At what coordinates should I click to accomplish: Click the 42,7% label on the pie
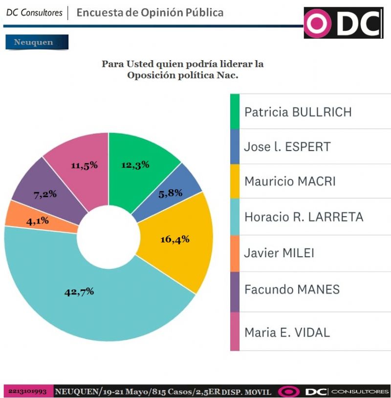[79, 292]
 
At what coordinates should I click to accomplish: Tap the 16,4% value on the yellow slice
[175, 240]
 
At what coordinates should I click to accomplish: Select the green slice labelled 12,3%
[135, 165]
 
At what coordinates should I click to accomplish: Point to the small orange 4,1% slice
[38, 221]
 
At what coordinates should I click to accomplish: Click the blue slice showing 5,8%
[171, 193]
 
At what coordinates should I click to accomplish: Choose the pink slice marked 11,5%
[84, 165]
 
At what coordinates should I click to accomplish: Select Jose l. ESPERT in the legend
[287, 147]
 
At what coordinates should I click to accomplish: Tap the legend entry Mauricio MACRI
[290, 181]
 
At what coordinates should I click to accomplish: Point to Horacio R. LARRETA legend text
[304, 217]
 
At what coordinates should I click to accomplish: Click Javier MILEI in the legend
[279, 253]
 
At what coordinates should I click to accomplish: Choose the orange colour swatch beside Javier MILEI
[235, 253]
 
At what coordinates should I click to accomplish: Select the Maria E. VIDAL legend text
[287, 332]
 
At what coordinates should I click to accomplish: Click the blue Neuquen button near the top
[37, 42]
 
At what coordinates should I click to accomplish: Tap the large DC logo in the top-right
[343, 23]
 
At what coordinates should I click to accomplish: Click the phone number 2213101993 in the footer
[27, 392]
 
